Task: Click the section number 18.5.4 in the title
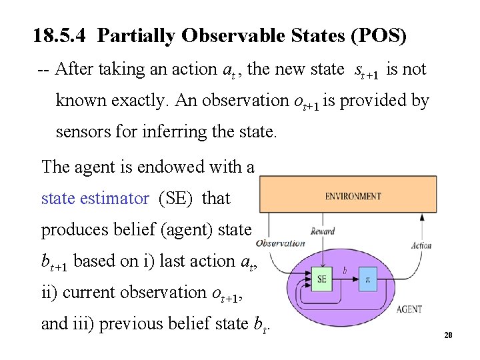pyautogui.click(x=61, y=36)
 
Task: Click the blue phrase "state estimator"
pyautogui.click(x=95, y=198)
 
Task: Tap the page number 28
pyautogui.click(x=448, y=335)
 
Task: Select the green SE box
pyautogui.click(x=322, y=279)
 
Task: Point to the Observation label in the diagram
pyautogui.click(x=280, y=243)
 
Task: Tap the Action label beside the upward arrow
pyautogui.click(x=421, y=245)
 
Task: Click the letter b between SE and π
pyautogui.click(x=344, y=269)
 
